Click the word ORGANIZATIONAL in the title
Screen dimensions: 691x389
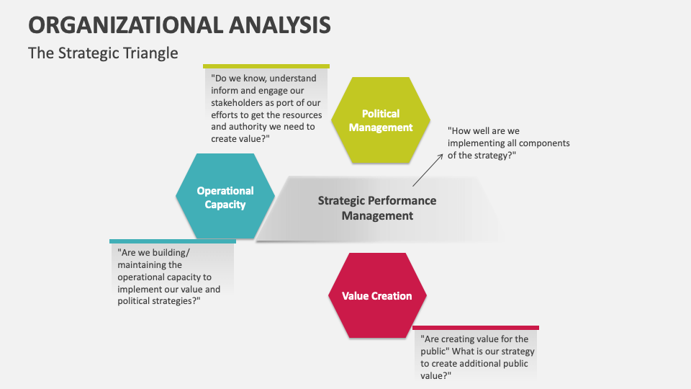[x=125, y=25]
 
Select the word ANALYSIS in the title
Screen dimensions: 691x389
[x=280, y=25]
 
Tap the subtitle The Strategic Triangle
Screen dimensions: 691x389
[x=103, y=53]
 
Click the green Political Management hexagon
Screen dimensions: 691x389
[x=381, y=120]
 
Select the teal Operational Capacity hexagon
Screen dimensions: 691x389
[x=225, y=196]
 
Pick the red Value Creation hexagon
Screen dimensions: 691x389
[x=377, y=295]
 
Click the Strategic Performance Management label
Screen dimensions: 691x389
[x=377, y=208]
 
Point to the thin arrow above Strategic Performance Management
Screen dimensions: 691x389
[x=428, y=170]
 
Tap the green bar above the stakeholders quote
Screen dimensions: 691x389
[x=266, y=66]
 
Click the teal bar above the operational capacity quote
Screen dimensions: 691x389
[x=173, y=241]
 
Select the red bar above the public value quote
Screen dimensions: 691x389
[x=476, y=328]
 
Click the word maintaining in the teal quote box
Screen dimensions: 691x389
[x=150, y=265]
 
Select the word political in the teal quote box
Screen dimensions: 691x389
[x=133, y=301]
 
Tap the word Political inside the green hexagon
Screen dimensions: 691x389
[x=381, y=114]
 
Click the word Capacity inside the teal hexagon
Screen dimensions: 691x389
[x=225, y=205]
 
